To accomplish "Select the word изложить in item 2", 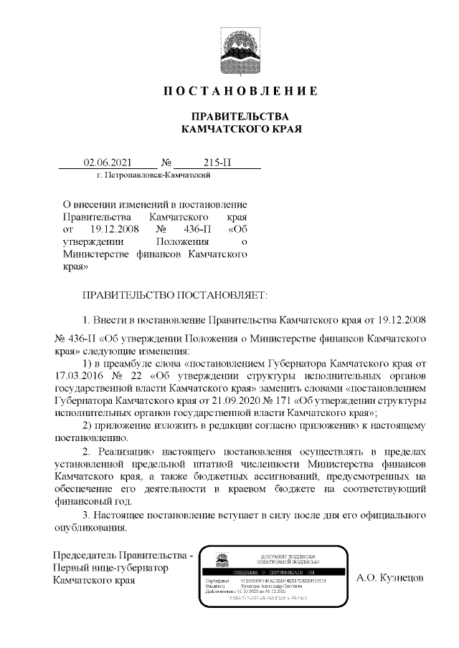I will [x=184, y=425].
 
